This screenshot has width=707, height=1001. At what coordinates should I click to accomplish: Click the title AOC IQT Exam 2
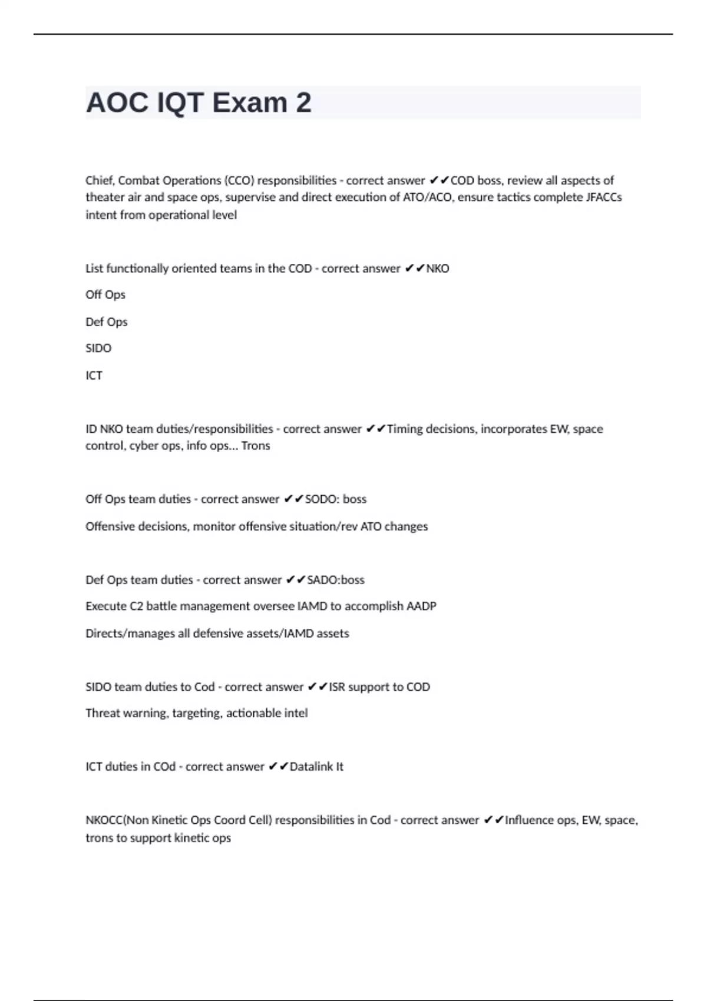coord(199,103)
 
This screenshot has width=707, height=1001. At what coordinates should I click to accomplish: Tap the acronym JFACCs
coord(604,197)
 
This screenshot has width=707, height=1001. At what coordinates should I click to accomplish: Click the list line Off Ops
coord(105,294)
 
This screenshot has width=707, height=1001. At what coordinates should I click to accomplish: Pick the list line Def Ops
coord(107,322)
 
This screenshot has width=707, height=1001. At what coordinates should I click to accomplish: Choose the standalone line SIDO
coord(98,348)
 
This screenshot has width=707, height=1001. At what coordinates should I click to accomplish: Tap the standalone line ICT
coord(94,376)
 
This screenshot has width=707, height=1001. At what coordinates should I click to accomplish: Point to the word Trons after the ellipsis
coord(256,446)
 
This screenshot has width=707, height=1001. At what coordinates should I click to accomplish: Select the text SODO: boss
coord(336,499)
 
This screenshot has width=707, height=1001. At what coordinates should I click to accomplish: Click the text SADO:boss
coord(336,580)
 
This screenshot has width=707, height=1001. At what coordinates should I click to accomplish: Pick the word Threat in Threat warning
coord(103,713)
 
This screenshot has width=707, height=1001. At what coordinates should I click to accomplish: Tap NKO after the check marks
coord(438,269)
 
